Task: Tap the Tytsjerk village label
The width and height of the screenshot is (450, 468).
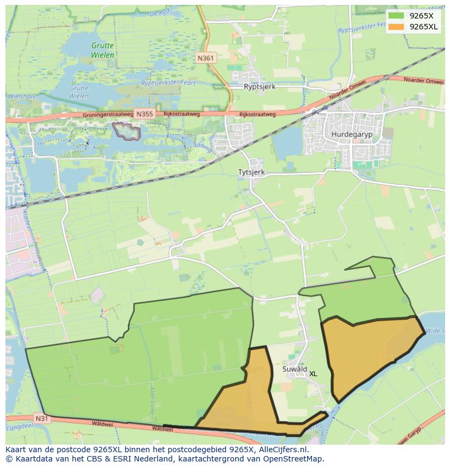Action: (x=251, y=172)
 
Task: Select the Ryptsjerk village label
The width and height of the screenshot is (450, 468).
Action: (x=260, y=86)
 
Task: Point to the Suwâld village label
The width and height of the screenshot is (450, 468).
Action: (x=295, y=369)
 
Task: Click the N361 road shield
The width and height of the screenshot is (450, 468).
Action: (x=205, y=58)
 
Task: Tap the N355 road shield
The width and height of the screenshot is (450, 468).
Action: (x=145, y=114)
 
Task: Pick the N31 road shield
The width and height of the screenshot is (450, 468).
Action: (x=42, y=418)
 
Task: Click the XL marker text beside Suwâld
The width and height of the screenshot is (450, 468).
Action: (x=313, y=374)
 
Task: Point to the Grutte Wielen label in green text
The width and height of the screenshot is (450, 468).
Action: (x=102, y=51)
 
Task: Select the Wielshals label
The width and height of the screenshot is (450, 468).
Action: (x=21, y=96)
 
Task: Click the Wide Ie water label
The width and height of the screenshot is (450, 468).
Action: (x=435, y=330)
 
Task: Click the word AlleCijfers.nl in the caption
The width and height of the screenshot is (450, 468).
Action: (x=282, y=450)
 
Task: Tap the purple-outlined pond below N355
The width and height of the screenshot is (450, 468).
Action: (x=126, y=131)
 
